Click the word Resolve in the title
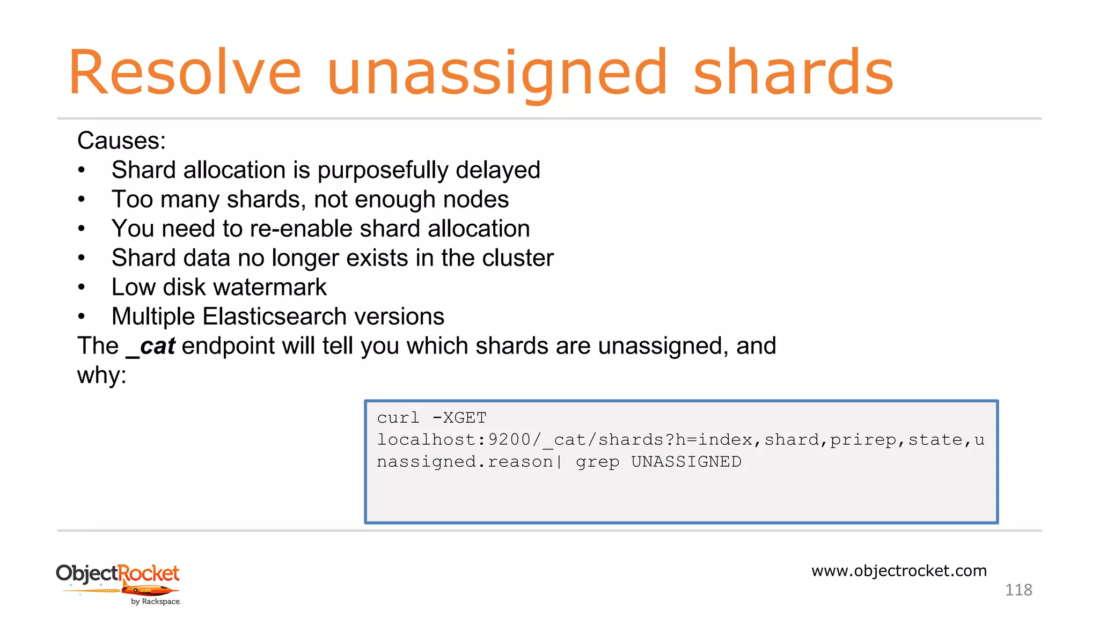pyautogui.click(x=185, y=73)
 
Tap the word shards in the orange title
pyautogui.click(x=793, y=73)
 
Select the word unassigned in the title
pyautogui.click(x=497, y=75)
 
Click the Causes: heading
pyautogui.click(x=121, y=141)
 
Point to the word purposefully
pyautogui.click(x=383, y=171)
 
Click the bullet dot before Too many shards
pyautogui.click(x=82, y=200)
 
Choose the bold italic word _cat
pyautogui.click(x=150, y=346)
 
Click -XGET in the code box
pyautogui.click(x=459, y=418)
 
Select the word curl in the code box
pyautogui.click(x=398, y=418)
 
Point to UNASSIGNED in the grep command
pyautogui.click(x=686, y=462)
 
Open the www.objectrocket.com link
pyautogui.click(x=899, y=571)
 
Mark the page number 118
pyautogui.click(x=1018, y=590)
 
